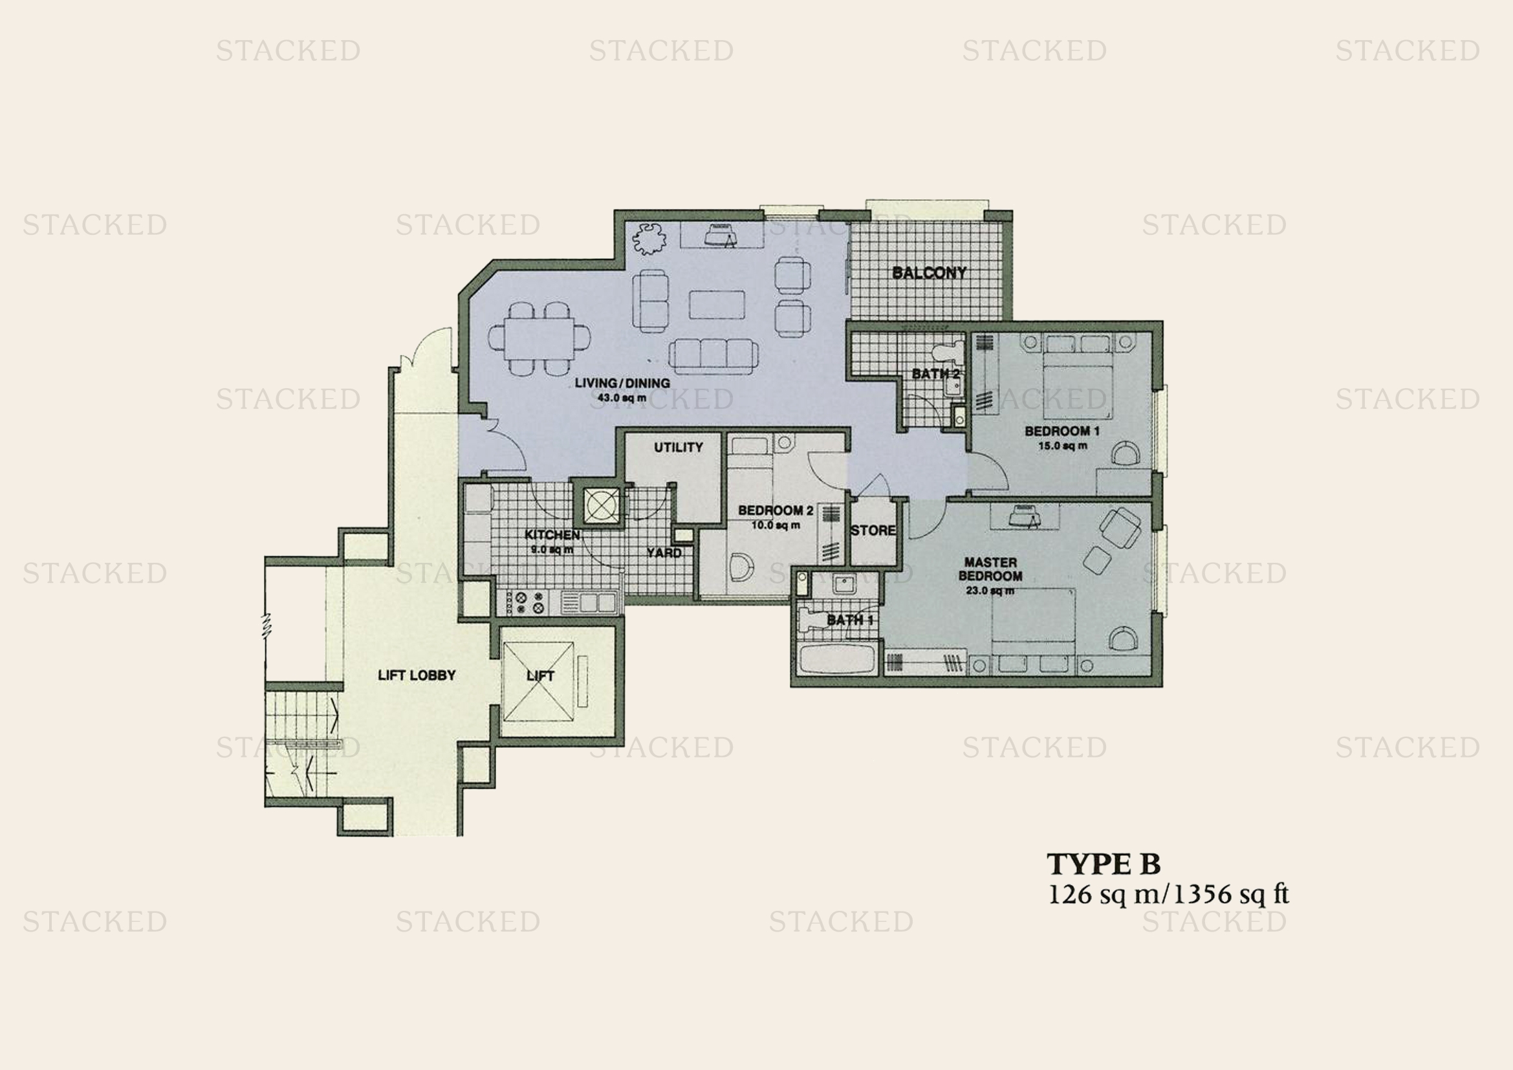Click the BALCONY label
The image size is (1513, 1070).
click(929, 273)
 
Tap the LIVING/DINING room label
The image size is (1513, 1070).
click(622, 383)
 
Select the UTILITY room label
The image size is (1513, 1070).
click(678, 448)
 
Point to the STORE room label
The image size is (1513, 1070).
click(873, 530)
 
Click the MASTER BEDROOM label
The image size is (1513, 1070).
click(990, 569)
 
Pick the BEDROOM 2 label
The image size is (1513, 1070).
click(776, 510)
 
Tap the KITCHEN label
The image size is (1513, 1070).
click(552, 535)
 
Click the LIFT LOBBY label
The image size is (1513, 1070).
click(417, 675)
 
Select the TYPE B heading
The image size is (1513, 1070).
click(1104, 863)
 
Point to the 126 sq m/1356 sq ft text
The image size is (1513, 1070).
click(1168, 894)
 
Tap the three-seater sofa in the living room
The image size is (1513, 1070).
click(713, 356)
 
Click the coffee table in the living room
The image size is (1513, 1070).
click(717, 305)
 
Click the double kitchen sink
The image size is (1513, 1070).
click(589, 602)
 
